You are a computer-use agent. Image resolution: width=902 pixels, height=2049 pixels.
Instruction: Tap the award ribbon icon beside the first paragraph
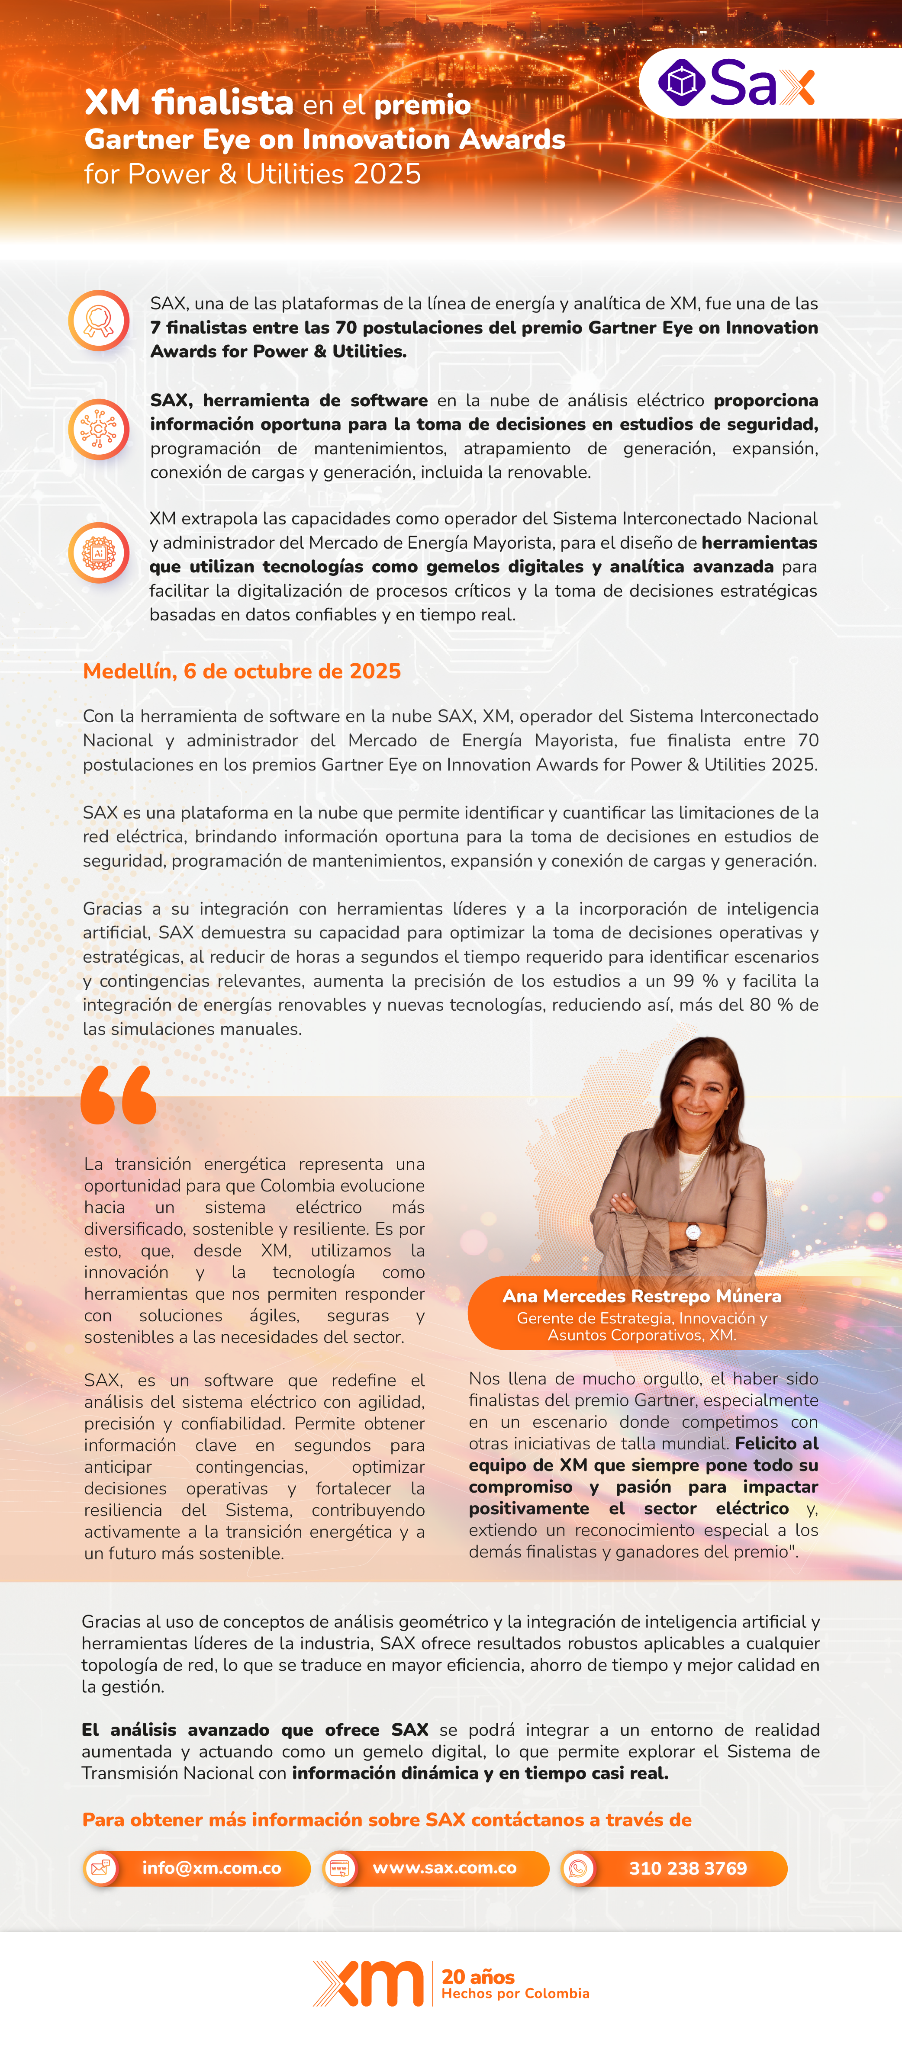pos(99,321)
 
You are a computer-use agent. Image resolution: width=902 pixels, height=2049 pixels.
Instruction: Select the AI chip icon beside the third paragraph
pos(99,552)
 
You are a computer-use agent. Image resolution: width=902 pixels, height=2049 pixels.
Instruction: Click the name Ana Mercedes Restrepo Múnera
pos(642,1296)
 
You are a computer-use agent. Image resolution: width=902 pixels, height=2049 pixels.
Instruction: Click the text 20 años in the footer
pos(478,1976)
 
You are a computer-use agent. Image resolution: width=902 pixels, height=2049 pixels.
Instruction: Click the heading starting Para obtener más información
pos(387,1820)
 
